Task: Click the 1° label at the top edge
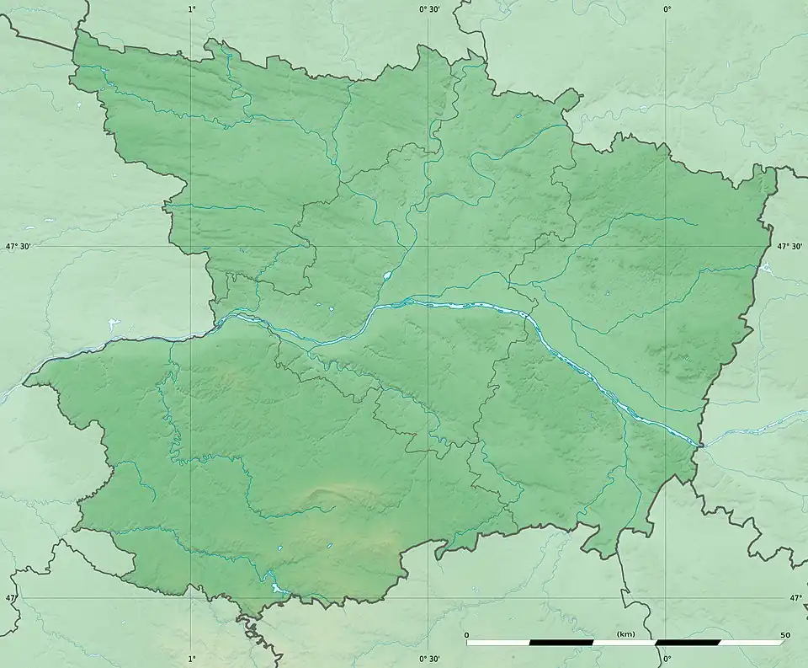(x=191, y=8)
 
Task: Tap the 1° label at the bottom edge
(x=191, y=659)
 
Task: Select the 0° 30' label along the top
(x=429, y=8)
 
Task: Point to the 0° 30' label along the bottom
(x=429, y=659)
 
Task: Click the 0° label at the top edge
(x=667, y=8)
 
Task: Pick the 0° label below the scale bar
(x=667, y=659)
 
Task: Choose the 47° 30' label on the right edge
(x=791, y=247)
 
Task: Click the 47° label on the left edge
(x=10, y=598)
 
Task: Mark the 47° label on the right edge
(x=796, y=598)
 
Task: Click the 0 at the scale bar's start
(x=468, y=633)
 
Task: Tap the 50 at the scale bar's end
(x=784, y=633)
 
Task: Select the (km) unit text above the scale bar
(x=625, y=633)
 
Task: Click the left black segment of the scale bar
(x=561, y=642)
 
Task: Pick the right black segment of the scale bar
(x=688, y=642)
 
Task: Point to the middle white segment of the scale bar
(x=625, y=642)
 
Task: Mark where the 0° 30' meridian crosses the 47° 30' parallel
(x=429, y=247)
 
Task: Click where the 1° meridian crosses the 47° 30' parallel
(x=191, y=247)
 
